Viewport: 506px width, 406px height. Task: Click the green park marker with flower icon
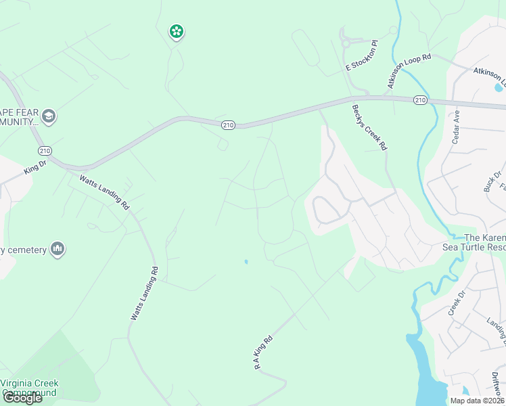point(176,31)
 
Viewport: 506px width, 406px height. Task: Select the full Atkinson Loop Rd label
point(409,71)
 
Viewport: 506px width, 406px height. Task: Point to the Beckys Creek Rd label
point(369,127)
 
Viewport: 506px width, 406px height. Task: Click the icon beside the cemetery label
point(57,250)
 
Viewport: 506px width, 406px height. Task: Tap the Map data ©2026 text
point(478,400)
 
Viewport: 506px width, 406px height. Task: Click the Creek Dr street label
point(458,303)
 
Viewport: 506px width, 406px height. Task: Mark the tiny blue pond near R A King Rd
point(246,262)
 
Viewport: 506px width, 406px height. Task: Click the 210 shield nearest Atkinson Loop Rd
point(419,100)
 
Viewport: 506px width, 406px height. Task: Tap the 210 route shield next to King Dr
point(45,150)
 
